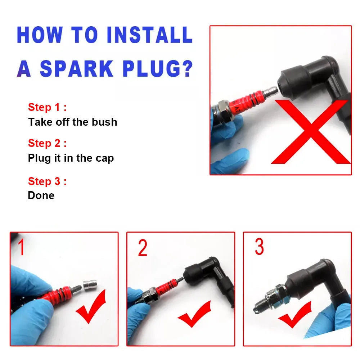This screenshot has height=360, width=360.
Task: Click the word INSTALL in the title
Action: pyautogui.click(x=149, y=35)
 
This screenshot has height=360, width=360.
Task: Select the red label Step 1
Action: pyautogui.click(x=47, y=107)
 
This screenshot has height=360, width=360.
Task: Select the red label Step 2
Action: pyautogui.click(x=47, y=143)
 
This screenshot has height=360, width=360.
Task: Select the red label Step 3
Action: pyautogui.click(x=47, y=181)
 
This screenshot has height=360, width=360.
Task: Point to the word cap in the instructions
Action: pyautogui.click(x=105, y=158)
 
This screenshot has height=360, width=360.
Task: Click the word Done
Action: pyautogui.click(x=41, y=195)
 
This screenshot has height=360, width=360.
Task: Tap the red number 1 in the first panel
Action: pyautogui.click(x=22, y=248)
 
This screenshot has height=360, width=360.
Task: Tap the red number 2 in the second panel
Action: pyautogui.click(x=143, y=248)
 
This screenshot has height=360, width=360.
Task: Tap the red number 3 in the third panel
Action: pyautogui.click(x=259, y=247)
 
